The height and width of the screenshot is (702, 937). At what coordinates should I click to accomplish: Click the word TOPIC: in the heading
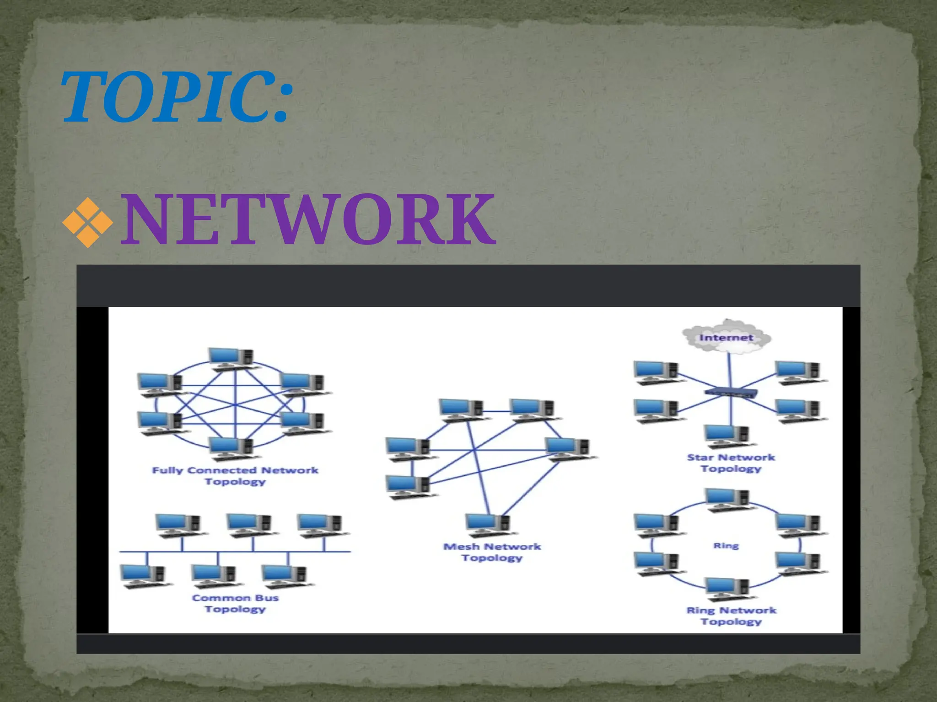tap(176, 97)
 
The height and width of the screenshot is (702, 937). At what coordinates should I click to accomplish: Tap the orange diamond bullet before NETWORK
tap(87, 223)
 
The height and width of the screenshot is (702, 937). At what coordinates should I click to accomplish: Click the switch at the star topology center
tap(731, 393)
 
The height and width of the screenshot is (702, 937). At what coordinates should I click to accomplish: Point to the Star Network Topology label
tap(731, 463)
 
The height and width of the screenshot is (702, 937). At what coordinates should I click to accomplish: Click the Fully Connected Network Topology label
tap(235, 476)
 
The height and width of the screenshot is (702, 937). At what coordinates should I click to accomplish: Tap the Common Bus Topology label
tap(235, 603)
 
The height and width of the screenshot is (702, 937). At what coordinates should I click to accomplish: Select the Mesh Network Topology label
tap(492, 552)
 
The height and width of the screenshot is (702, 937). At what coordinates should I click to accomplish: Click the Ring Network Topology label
tap(731, 616)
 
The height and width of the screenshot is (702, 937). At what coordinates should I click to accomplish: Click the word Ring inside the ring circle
tap(726, 546)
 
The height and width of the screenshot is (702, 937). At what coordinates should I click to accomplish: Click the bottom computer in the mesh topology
tap(488, 524)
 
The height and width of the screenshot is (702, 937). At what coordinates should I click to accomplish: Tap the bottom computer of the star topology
tap(727, 436)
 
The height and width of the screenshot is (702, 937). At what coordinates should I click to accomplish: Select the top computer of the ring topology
tap(727, 499)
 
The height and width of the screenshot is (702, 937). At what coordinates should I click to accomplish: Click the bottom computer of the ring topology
tap(727, 589)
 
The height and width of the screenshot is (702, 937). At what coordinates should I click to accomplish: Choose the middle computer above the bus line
tap(249, 524)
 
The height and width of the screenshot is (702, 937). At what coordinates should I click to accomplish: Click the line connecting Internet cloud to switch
tap(729, 370)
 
